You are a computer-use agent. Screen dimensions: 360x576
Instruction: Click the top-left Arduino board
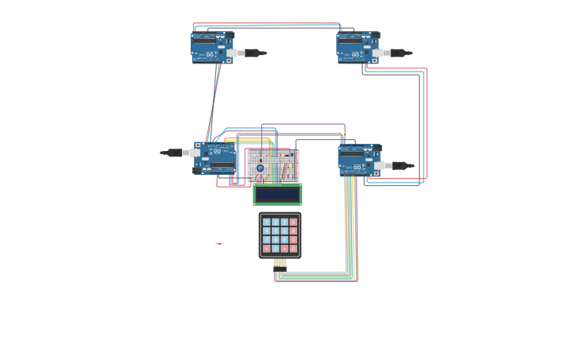pyautogui.click(x=212, y=48)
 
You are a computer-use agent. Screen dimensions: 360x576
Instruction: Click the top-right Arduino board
pyautogui.click(x=358, y=48)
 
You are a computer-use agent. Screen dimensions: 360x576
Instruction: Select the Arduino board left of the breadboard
pyautogui.click(x=215, y=158)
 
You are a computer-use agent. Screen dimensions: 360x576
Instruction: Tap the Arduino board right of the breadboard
pyautogui.click(x=359, y=160)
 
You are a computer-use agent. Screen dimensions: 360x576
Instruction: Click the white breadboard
pyautogui.click(x=273, y=165)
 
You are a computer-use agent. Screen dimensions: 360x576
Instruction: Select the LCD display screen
pyautogui.click(x=277, y=194)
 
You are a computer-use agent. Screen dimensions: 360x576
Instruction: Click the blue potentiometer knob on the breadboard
pyautogui.click(x=260, y=168)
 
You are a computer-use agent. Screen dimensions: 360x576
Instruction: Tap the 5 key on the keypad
pyautogui.click(x=276, y=231)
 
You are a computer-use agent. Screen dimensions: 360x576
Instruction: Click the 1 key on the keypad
pyautogui.click(x=267, y=223)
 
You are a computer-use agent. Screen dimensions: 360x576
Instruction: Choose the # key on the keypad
pyautogui.click(x=284, y=249)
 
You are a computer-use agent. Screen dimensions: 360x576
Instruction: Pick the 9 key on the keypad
pyautogui.click(x=284, y=240)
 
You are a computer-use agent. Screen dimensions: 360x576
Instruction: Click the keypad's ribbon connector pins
pyautogui.click(x=280, y=262)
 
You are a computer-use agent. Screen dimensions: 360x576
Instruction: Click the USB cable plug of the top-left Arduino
pyautogui.click(x=253, y=53)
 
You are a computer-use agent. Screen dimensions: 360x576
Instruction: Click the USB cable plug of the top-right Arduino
pyautogui.click(x=399, y=53)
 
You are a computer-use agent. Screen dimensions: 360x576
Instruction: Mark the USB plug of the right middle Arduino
pyautogui.click(x=400, y=166)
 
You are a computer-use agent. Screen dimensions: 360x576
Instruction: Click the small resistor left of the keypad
pyautogui.click(x=218, y=244)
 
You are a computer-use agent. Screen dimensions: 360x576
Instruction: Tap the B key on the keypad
pyautogui.click(x=293, y=231)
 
